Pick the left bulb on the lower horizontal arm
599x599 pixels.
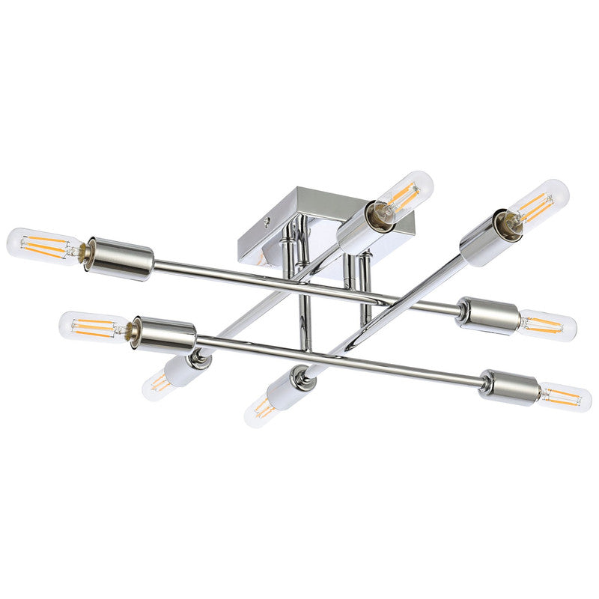(x=94, y=326)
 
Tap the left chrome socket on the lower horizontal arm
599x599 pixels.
(x=165, y=334)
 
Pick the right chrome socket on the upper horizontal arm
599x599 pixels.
(x=489, y=314)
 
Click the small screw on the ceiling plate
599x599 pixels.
(x=269, y=222)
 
